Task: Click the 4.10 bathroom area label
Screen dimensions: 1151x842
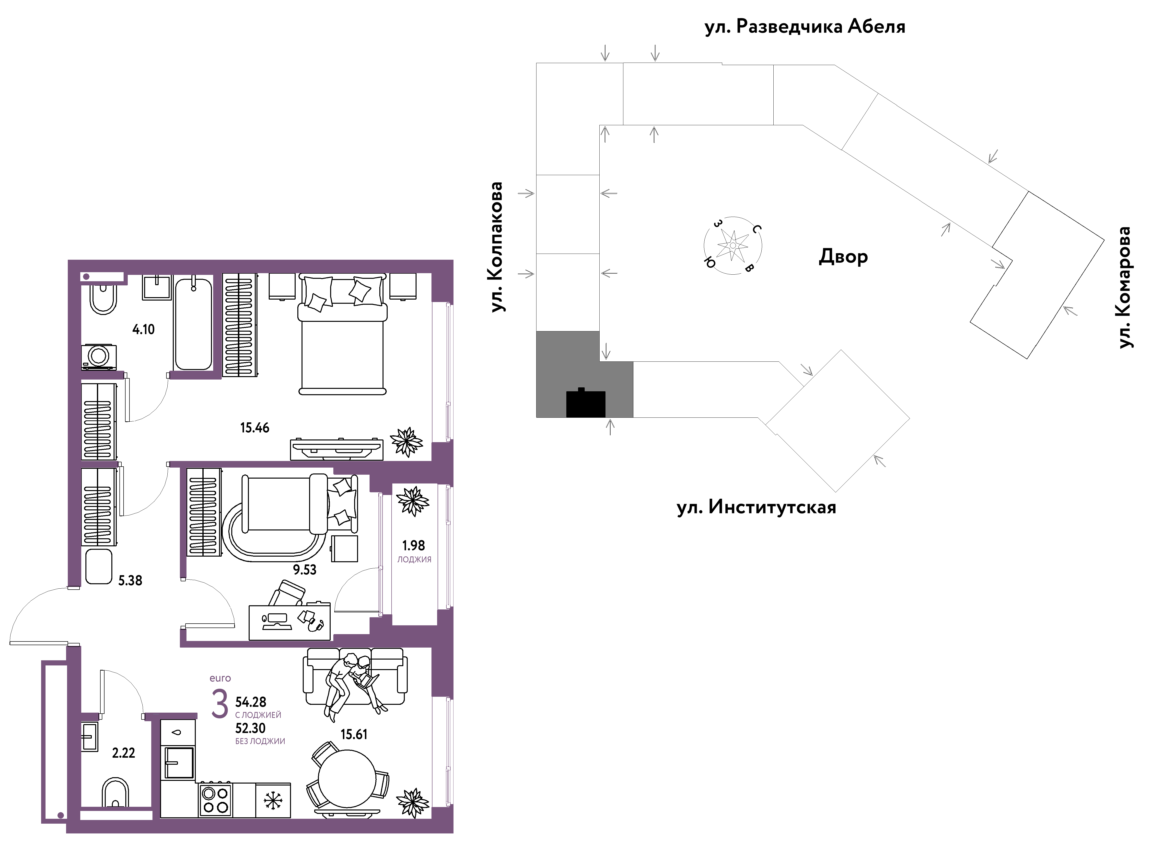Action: pos(143,329)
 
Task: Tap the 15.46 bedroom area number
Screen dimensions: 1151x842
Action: pos(255,428)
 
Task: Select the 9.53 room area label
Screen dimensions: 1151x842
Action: pos(304,569)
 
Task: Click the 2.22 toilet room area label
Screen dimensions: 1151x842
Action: pos(123,753)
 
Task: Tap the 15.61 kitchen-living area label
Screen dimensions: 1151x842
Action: pos(354,734)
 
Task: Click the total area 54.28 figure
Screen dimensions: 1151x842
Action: pos(250,702)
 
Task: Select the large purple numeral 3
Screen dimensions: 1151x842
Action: pos(220,704)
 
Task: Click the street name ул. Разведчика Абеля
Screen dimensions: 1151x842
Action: pos(805,26)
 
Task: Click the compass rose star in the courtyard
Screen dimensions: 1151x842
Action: pos(733,245)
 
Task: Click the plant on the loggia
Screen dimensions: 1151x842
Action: pos(413,501)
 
